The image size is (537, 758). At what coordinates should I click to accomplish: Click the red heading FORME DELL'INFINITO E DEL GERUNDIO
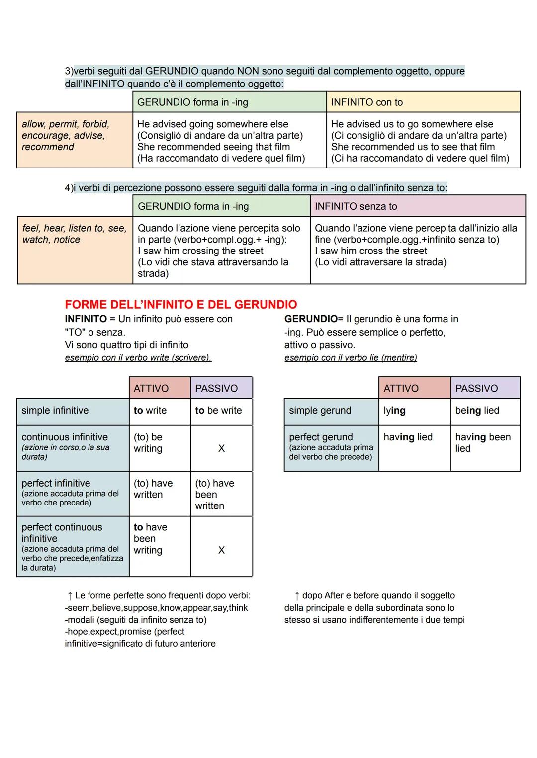pos(180,304)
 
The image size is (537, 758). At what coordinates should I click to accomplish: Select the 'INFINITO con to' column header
pos(367,102)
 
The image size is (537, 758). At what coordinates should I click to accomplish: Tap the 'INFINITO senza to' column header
pos(356,206)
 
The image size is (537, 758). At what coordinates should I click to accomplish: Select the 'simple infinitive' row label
pos(55,410)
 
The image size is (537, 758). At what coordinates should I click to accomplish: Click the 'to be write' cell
pos(219,410)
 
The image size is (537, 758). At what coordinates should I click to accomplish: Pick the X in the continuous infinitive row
pos(221,448)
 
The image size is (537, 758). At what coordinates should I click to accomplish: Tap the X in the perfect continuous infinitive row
pos(221,550)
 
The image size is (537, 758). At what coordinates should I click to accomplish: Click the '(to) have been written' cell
pos(214,494)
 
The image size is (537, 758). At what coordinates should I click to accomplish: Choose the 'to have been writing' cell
pos(150,539)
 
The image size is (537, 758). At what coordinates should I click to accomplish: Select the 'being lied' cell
pos(477,410)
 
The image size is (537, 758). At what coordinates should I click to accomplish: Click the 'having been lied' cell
pos(482,442)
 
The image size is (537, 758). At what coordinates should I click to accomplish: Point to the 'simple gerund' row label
pos(320,410)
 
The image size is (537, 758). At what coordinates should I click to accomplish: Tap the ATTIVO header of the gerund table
pos(401,388)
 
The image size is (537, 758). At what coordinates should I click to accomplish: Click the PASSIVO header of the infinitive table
pos(216,388)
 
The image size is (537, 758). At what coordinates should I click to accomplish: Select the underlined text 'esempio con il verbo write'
pos(138,358)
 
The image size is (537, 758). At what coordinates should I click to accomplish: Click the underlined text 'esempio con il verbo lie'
pos(351,358)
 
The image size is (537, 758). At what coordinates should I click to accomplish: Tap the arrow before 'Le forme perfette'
pos(70,595)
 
